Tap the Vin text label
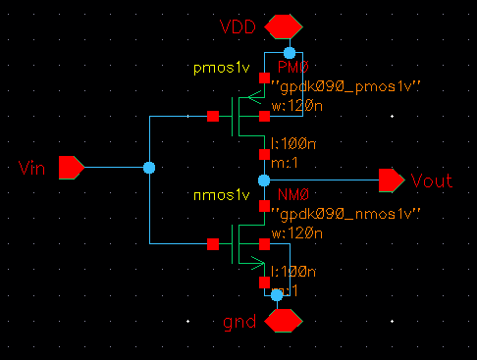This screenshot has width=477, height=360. click(x=32, y=169)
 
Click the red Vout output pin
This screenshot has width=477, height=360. click(x=391, y=180)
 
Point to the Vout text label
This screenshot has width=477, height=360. click(x=432, y=181)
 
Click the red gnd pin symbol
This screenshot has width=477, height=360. click(x=284, y=320)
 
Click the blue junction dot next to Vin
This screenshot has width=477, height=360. click(x=148, y=168)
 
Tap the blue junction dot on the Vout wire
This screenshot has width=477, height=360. click(x=263, y=180)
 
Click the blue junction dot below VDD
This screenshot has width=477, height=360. click(x=289, y=52)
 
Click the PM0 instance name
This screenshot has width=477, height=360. click(x=292, y=68)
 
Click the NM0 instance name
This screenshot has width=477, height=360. click(x=291, y=196)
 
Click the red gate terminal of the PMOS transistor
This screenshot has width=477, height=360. click(x=212, y=116)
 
